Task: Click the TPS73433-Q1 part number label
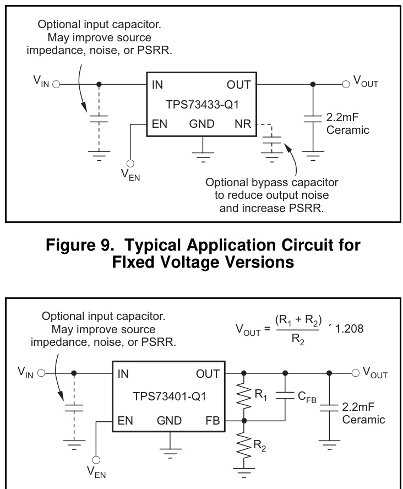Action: coord(201,105)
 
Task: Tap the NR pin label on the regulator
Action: coord(242,124)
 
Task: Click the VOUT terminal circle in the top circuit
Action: coord(346,85)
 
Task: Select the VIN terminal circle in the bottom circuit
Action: coord(41,373)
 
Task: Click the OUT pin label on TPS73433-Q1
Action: coord(238,85)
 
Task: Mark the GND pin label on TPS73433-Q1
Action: coord(201,124)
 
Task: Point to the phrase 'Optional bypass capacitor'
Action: coord(271,182)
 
